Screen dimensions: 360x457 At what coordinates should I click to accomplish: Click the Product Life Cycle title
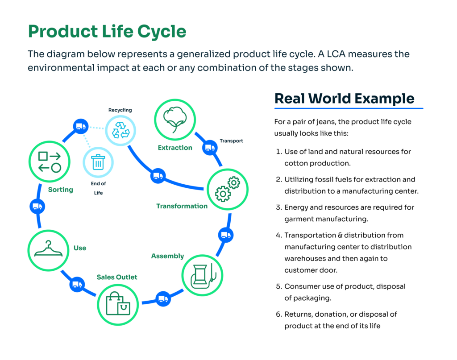[x=107, y=32]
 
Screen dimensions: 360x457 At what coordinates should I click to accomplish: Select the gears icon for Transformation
[x=228, y=189]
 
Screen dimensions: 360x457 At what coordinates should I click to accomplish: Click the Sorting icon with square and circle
[x=49, y=162]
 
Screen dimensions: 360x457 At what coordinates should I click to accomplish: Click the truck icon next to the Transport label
[x=209, y=147]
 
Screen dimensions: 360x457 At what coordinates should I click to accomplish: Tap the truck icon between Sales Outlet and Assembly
[x=163, y=299]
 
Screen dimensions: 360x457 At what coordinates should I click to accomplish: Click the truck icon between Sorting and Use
[x=37, y=206]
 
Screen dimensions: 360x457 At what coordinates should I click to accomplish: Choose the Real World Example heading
[x=344, y=98]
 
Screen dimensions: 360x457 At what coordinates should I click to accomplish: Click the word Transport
[x=231, y=141]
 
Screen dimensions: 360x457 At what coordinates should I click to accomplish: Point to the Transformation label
[x=182, y=206]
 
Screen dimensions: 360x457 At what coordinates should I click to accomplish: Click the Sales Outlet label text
[x=117, y=277]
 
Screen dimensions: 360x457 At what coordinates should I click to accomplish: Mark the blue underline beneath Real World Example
[x=349, y=108]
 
